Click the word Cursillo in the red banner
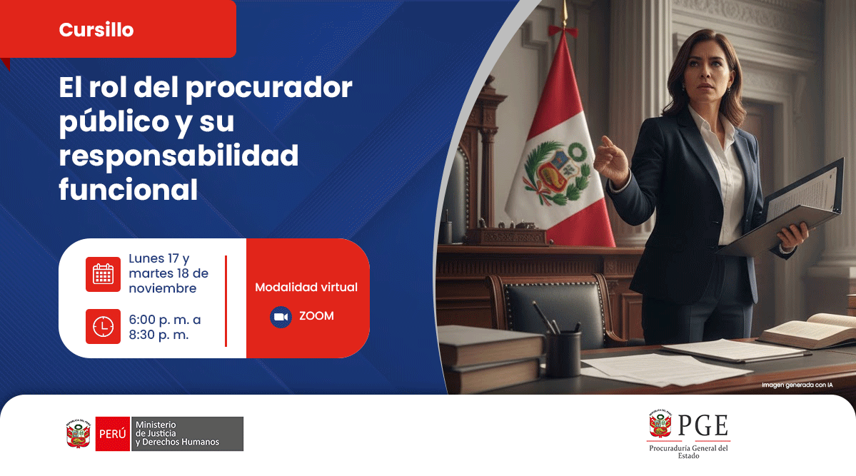96,30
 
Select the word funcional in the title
129,190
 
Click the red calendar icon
103,274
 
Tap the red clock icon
103,326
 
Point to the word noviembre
162,288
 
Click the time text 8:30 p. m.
158,334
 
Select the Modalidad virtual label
306,287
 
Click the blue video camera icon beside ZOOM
281,317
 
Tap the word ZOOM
316,316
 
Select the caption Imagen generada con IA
797,385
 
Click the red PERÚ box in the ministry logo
112,434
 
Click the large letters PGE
703,425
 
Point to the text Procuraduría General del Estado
688,452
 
